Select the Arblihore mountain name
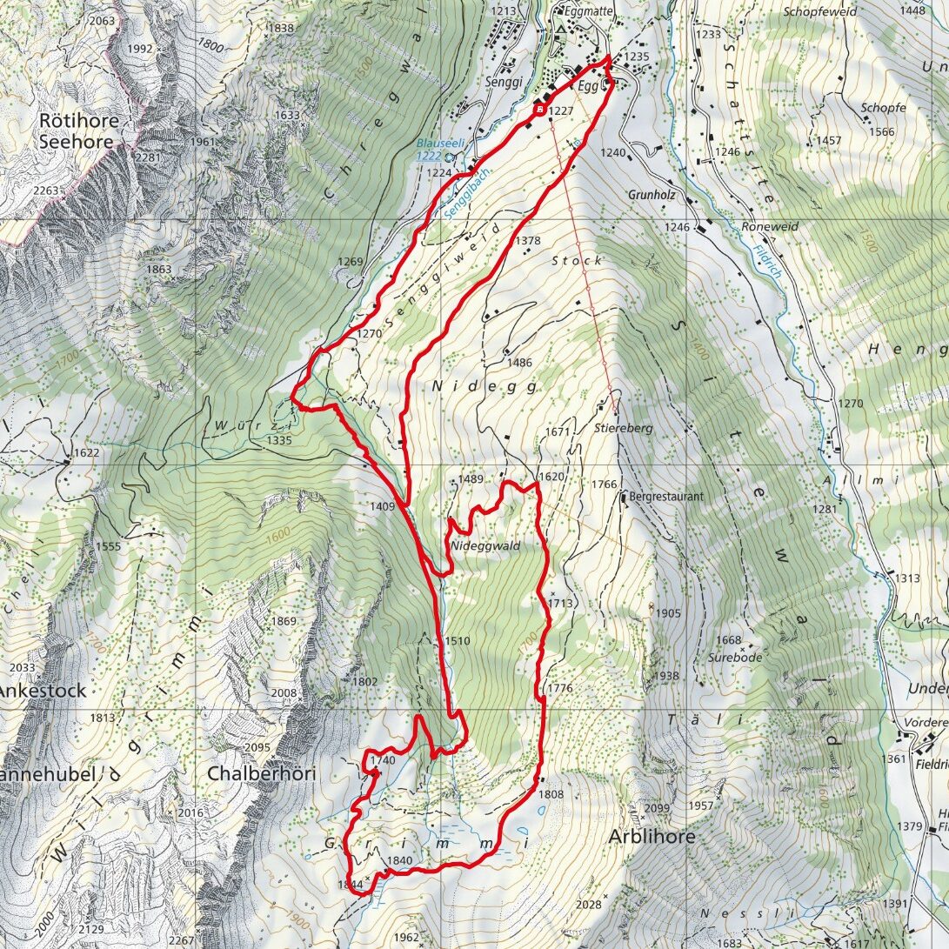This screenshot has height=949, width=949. click(x=652, y=837)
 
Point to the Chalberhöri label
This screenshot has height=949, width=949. click(x=260, y=773)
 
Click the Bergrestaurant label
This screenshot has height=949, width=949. click(x=665, y=497)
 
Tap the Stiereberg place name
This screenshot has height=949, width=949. click(x=624, y=428)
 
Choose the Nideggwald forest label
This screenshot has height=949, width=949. click(x=485, y=546)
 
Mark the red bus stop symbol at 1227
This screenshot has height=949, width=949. click(x=540, y=110)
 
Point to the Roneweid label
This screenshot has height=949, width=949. click(x=770, y=226)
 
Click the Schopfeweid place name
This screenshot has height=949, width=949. click(x=819, y=12)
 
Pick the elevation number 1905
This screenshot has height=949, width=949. click(x=668, y=613)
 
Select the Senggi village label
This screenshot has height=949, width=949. click(x=503, y=82)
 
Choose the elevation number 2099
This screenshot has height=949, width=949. click(x=657, y=809)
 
